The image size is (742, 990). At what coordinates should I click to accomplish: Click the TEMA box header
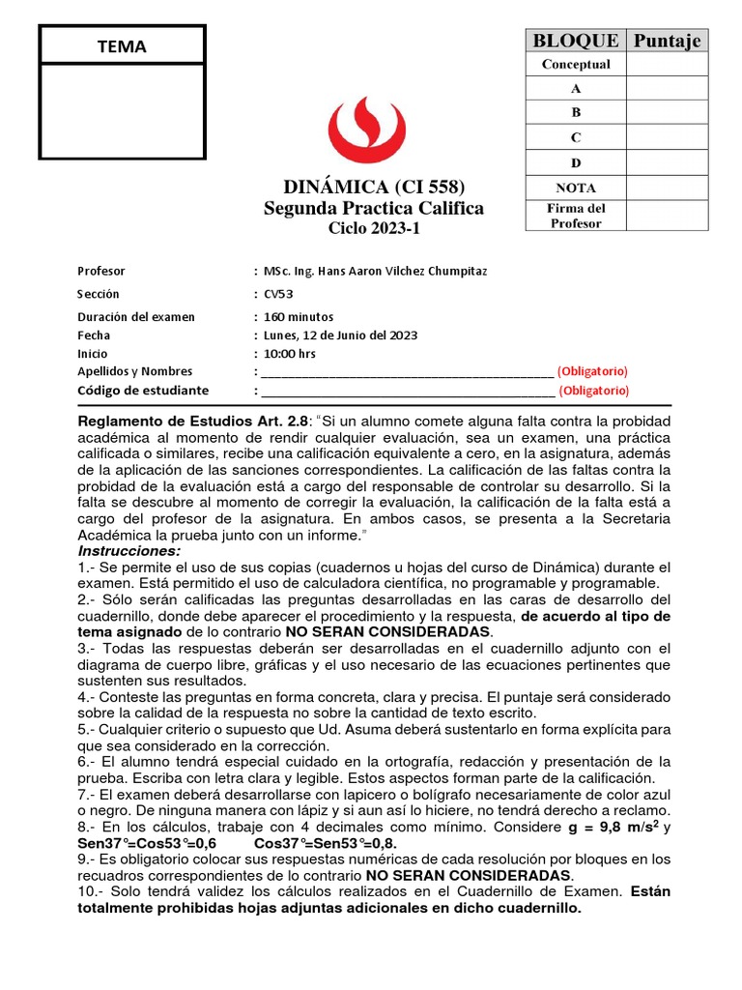[122, 46]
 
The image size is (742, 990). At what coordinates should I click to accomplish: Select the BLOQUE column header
[576, 40]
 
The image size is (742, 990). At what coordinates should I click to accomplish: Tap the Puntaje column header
[666, 40]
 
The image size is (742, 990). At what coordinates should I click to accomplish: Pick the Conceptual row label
[576, 65]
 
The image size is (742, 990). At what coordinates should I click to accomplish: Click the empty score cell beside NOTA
[666, 188]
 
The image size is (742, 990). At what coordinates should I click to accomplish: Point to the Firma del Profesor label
[576, 216]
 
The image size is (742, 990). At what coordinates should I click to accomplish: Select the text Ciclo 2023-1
[374, 229]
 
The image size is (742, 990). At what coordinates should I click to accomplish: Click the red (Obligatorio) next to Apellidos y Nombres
[592, 371]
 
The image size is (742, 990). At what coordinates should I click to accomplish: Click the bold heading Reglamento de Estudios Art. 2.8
[193, 422]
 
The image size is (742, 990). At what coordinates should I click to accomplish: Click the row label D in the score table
[576, 162]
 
